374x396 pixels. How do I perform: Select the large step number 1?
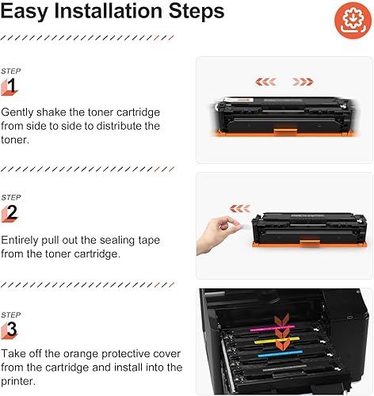click(x=11, y=85)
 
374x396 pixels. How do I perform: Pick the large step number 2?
click(x=11, y=212)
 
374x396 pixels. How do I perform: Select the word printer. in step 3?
click(x=21, y=381)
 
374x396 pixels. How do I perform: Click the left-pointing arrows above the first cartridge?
click(x=267, y=80)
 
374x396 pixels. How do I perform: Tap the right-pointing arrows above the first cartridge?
click(x=303, y=80)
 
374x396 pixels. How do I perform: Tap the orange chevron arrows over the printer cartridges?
click(x=280, y=325)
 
